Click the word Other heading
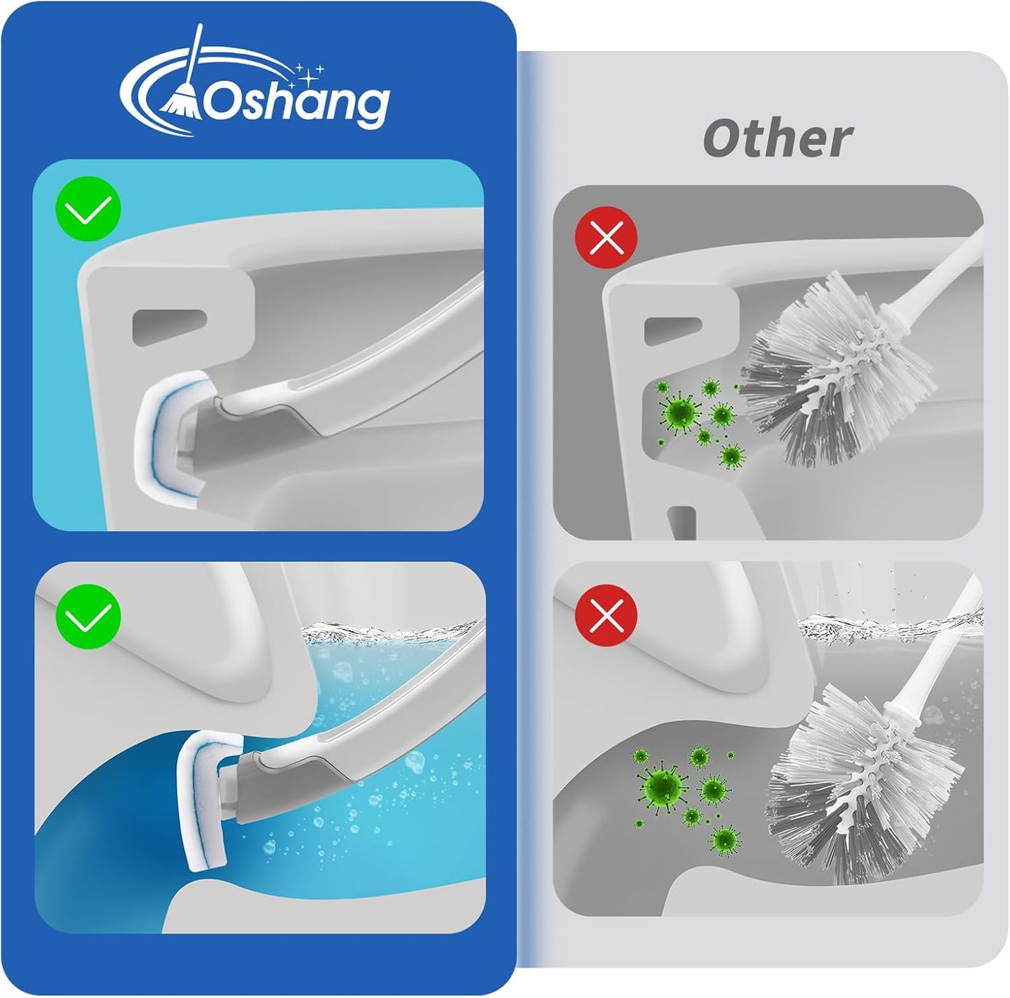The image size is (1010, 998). pos(777,138)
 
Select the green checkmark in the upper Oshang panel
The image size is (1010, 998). pos(89,209)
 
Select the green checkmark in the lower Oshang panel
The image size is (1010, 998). pos(89,616)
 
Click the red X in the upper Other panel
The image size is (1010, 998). pos(606,239)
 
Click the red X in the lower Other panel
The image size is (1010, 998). pos(606,616)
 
